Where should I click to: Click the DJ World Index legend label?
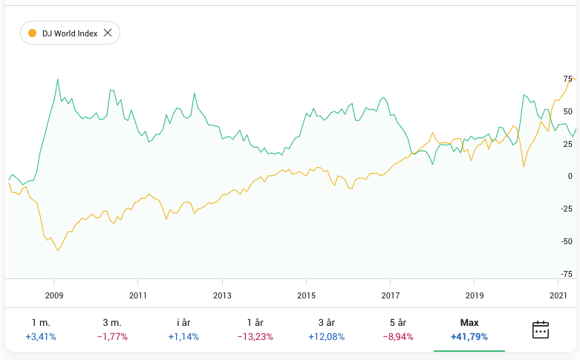point(69,33)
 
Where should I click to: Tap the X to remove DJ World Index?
point(108,33)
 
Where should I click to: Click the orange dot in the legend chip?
point(32,33)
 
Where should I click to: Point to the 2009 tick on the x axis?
point(54,295)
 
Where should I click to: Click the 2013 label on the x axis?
point(222,295)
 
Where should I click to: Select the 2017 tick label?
point(390,295)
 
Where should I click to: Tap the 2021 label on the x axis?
point(558,295)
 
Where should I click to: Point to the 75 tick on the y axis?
point(567,79)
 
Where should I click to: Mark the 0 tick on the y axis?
point(570,176)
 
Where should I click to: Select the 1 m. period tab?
point(41,330)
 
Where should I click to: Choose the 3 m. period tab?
point(112,330)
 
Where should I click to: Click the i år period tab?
point(183,330)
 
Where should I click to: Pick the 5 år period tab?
point(398,330)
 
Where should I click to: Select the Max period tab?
point(469,330)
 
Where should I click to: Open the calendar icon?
point(541,330)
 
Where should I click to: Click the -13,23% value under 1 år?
point(255,337)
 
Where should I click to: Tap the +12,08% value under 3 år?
point(326,337)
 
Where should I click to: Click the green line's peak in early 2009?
point(58,79)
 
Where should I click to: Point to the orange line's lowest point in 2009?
point(58,251)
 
